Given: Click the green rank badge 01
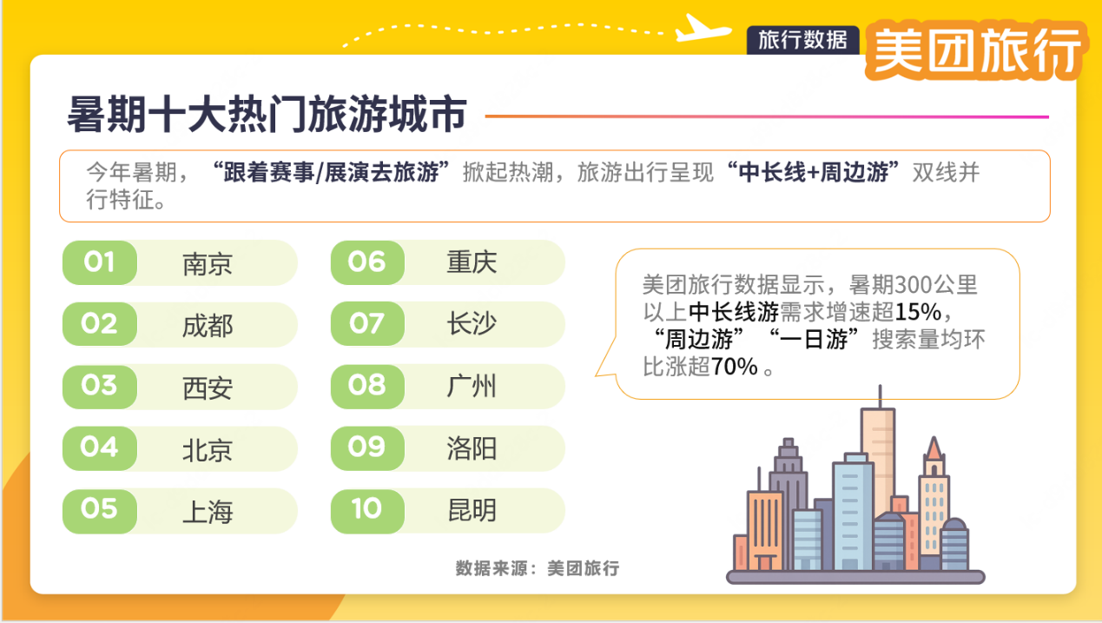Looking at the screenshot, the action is click(100, 262).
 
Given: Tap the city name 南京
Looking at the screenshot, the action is click(208, 264).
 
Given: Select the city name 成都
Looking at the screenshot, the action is click(208, 326).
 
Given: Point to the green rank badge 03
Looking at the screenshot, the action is click(100, 387).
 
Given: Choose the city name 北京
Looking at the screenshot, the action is click(208, 450).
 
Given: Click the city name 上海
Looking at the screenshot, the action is click(208, 512).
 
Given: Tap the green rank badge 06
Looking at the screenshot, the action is click(367, 262).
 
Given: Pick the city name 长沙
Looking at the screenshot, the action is click(472, 324).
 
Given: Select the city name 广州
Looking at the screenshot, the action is click(472, 386).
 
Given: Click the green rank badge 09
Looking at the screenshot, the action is click(367, 448).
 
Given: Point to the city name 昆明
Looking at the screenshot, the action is click(472, 510).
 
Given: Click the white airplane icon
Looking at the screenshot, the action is click(703, 29).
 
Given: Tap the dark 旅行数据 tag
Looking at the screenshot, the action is click(803, 40).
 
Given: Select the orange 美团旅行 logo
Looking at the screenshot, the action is click(976, 50).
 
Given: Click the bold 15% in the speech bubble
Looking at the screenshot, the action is click(918, 311).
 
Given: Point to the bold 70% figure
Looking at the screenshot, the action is click(735, 367).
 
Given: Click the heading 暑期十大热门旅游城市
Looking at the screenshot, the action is click(267, 114).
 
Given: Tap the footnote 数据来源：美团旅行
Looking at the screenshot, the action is click(538, 568).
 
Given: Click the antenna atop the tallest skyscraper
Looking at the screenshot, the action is click(881, 396).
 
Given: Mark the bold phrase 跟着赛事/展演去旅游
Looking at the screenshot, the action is click(331, 172).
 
